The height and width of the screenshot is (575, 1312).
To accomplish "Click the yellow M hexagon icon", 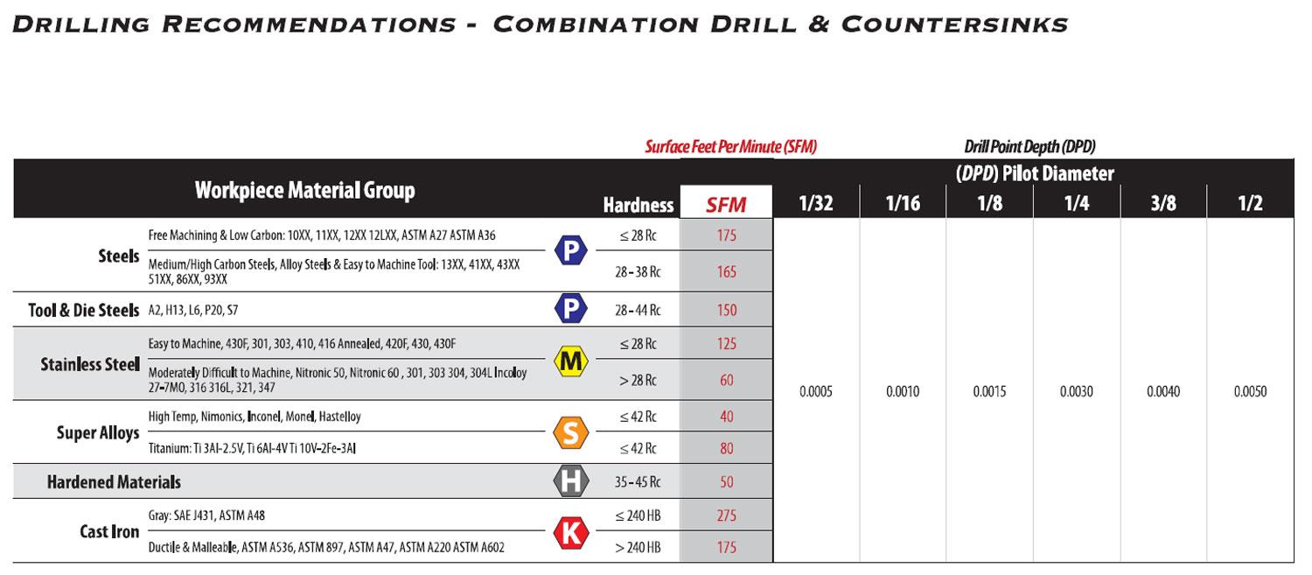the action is click(x=571, y=361).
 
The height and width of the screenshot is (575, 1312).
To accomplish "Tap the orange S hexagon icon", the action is click(x=571, y=432).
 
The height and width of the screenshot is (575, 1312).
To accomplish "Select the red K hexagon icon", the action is click(x=571, y=533).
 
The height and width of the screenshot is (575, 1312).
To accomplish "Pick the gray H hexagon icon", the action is click(x=571, y=481).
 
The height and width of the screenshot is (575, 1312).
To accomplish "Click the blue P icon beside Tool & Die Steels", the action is click(x=571, y=308).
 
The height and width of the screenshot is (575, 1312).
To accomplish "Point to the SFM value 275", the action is click(x=726, y=515).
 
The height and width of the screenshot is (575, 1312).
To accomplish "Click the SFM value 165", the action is click(x=726, y=271).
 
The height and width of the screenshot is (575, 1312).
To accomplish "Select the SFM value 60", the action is click(x=726, y=380).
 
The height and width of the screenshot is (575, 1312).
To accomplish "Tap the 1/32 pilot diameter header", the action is click(x=816, y=203).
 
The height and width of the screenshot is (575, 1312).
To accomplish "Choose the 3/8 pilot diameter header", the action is click(x=1163, y=203).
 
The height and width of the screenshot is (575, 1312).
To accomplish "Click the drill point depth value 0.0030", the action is click(x=1077, y=391).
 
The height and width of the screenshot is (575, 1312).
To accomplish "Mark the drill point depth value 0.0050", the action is click(x=1251, y=391).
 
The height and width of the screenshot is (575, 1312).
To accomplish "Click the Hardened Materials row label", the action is click(x=114, y=482).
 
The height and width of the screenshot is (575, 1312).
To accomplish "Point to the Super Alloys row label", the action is click(x=98, y=432).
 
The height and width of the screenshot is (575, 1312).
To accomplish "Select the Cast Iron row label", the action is click(x=109, y=531).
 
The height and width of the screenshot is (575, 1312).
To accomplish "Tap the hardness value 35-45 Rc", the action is click(x=638, y=482).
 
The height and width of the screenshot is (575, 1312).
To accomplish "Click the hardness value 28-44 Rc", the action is click(x=638, y=310).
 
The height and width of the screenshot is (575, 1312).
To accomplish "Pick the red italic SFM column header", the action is click(x=726, y=205).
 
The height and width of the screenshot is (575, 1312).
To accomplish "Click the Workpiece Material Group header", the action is click(x=304, y=191).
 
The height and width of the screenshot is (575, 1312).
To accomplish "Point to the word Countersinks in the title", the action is click(x=955, y=25).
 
